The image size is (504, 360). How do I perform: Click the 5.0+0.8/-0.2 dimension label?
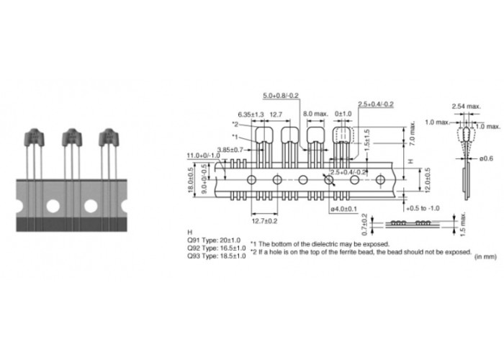pos(281,96)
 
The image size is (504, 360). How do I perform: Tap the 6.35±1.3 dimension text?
pos(251,114)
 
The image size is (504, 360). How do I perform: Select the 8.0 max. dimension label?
pos(315,114)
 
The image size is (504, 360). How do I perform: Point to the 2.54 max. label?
pos(467,107)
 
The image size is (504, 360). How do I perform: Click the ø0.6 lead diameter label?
pos(486,158)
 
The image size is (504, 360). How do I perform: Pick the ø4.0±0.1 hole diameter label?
pos(344,209)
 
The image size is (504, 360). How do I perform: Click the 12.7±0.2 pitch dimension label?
pos(264,221)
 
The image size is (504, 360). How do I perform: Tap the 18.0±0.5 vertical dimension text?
pos(191,181)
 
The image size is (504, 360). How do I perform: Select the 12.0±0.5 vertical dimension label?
pos(427,181)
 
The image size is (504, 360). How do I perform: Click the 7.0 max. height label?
pos(413,133)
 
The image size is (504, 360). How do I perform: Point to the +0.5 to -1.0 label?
pos(423,208)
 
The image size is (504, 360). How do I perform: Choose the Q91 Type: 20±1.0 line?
pos(214,240)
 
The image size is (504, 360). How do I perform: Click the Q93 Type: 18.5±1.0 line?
pos(216,256)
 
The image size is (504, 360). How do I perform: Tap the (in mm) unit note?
pos(485,257)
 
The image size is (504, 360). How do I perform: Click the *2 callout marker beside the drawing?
pos(235,125)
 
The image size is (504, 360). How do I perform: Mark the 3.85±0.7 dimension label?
pos(230,150)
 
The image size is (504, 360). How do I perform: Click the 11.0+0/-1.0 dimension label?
pos(204,156)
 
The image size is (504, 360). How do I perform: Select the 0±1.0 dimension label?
pos(343,114)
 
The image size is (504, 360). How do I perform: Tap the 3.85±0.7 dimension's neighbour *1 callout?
pos(235,137)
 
